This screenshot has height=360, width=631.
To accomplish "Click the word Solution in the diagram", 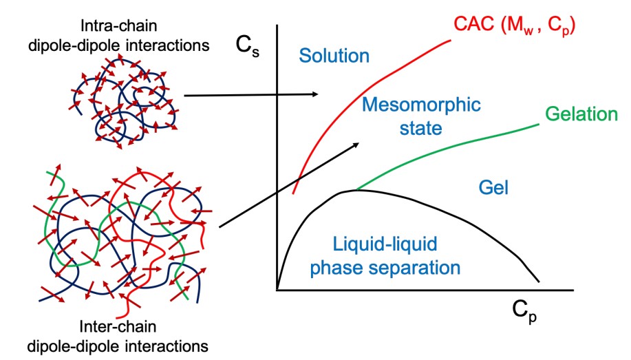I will [x=334, y=56].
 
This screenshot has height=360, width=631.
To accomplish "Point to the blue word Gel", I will [x=492, y=187].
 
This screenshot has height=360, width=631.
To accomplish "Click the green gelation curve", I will [x=447, y=151].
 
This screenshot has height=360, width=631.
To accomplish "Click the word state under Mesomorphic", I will [x=421, y=127].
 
